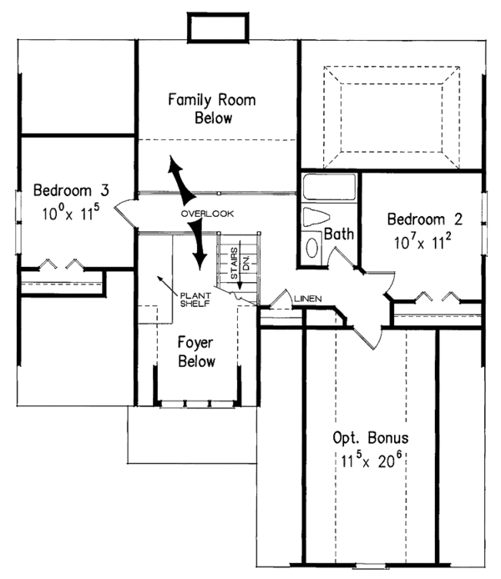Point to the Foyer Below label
[x=197, y=351]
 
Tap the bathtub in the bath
[x=329, y=187]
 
